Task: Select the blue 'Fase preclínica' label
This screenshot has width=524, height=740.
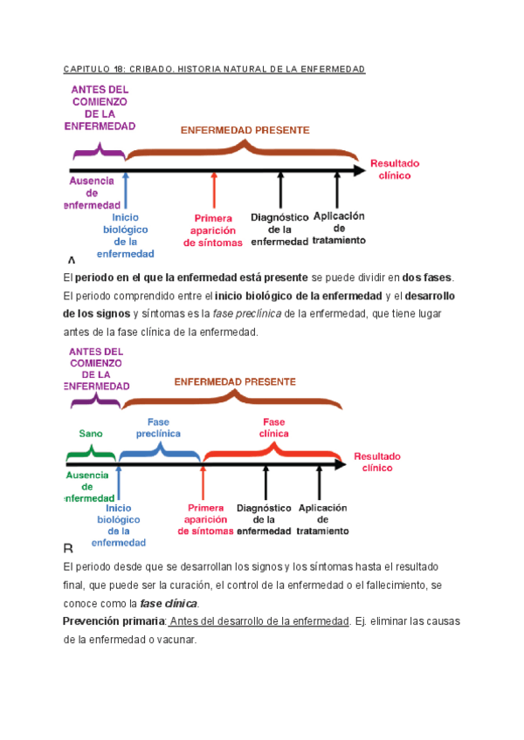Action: [158, 427]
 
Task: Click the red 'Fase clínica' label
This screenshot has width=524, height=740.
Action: [273, 427]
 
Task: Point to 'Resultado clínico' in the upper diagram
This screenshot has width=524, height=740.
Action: [395, 169]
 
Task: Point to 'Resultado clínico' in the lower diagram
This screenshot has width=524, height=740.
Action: [377, 462]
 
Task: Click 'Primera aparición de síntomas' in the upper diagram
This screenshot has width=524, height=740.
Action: [213, 230]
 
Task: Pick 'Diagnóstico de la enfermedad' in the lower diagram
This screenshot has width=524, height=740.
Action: [263, 519]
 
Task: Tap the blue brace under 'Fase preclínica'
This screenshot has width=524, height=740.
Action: [159, 450]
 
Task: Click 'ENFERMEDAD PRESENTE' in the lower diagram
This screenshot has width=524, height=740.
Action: [235, 381]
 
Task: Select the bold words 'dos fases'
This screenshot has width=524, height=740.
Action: [427, 277]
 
